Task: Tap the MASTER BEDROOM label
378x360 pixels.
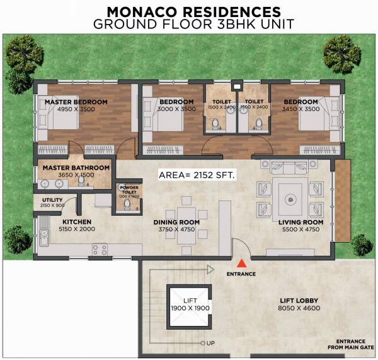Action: [x=76, y=102]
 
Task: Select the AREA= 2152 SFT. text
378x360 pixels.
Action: [x=197, y=176]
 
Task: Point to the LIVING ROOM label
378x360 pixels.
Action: [x=301, y=222]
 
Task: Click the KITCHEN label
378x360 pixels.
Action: [x=77, y=222]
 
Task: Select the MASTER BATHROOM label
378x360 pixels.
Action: [x=76, y=168]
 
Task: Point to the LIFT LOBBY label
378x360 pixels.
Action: [x=299, y=301]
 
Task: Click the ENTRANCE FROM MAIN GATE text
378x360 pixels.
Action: [x=351, y=344]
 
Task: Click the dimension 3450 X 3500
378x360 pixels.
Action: [x=301, y=109]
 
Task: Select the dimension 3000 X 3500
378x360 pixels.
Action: [x=176, y=109]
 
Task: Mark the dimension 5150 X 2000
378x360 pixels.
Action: [x=77, y=229]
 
